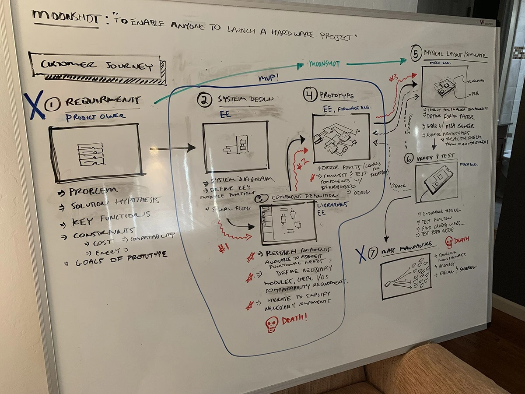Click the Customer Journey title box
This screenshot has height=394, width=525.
point(97,67)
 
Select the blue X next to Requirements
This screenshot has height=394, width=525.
point(35,105)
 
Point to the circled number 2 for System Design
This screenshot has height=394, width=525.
point(204,101)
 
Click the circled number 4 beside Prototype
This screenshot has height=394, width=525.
point(311,95)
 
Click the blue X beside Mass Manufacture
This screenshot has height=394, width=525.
point(360,254)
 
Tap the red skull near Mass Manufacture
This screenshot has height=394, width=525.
point(449,242)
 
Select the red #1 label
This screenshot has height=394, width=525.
point(224,248)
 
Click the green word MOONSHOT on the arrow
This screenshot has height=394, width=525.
point(324,64)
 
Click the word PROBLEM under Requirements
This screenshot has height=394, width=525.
point(93,191)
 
